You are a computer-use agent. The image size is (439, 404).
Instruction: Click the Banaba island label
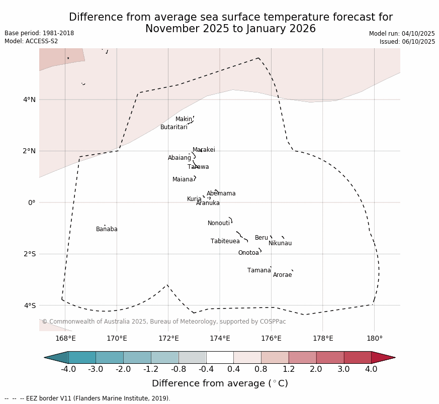(x=107, y=229)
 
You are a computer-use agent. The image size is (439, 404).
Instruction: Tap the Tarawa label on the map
(x=198, y=167)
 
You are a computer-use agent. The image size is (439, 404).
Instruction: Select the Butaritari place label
(x=173, y=127)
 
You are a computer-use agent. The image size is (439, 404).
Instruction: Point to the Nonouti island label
(x=219, y=223)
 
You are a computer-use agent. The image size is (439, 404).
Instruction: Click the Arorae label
(x=282, y=275)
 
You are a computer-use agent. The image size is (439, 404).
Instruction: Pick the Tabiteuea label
(x=225, y=241)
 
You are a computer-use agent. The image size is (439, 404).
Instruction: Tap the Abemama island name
(x=221, y=193)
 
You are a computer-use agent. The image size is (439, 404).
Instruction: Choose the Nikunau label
(x=280, y=243)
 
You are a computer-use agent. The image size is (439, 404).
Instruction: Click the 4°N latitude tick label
(x=29, y=99)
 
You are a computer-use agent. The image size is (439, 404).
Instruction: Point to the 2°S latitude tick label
(x=29, y=254)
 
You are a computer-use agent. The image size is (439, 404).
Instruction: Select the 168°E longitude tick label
(x=65, y=338)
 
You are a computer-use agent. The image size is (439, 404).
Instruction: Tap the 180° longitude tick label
(x=374, y=338)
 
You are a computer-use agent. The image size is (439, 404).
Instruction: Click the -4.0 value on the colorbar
(x=68, y=369)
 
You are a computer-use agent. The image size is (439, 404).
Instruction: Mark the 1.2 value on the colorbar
(x=289, y=369)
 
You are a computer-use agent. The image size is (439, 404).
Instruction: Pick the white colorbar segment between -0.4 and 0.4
(x=220, y=357)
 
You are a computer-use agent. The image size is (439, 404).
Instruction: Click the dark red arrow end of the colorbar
(x=383, y=357)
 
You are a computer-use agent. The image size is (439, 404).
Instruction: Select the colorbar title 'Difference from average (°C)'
(x=220, y=383)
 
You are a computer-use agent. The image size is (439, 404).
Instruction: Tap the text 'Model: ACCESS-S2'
(x=31, y=41)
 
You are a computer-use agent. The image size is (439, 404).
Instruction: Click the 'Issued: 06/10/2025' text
(x=407, y=42)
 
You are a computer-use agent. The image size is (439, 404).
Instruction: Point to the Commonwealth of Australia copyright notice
(x=164, y=322)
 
